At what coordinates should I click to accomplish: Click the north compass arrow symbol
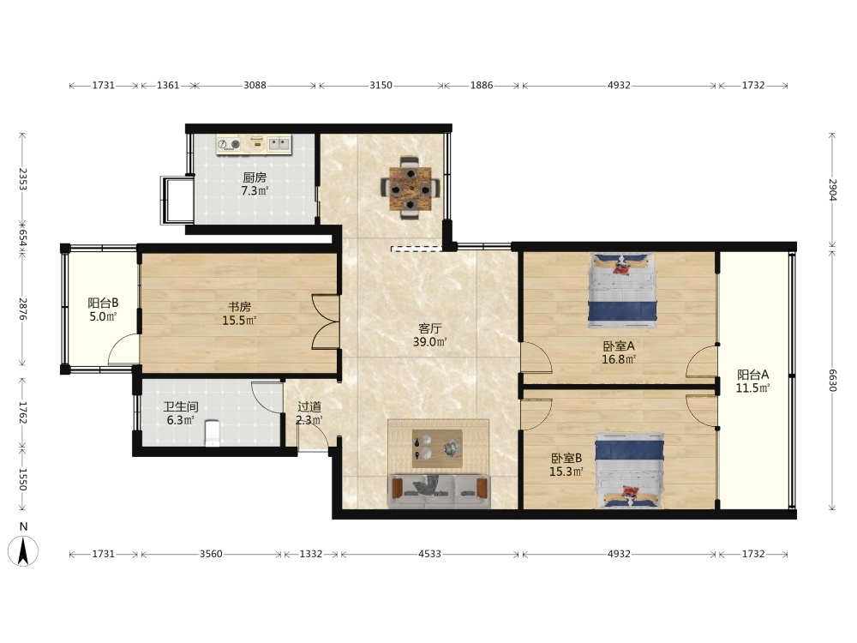click(x=23, y=551)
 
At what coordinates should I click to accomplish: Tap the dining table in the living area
click(x=410, y=189)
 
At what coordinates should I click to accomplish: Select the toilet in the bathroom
click(x=212, y=432)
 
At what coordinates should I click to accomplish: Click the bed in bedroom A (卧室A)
click(x=622, y=291)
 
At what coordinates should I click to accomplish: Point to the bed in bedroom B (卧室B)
click(x=630, y=470)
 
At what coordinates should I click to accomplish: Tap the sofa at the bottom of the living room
click(x=440, y=491)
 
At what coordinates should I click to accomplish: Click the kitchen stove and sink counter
click(x=255, y=144)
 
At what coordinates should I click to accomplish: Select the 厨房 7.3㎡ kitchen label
click(x=255, y=184)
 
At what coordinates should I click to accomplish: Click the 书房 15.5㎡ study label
click(x=239, y=314)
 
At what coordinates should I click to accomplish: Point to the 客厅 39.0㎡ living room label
click(x=430, y=335)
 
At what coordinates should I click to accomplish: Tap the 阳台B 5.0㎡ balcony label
click(x=103, y=309)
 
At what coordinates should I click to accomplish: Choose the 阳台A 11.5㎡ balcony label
click(x=752, y=382)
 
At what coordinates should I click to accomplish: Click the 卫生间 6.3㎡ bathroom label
click(x=180, y=414)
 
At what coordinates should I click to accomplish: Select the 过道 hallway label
click(x=309, y=406)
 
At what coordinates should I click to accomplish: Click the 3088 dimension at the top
click(x=255, y=85)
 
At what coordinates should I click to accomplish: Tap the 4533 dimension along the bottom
click(x=429, y=554)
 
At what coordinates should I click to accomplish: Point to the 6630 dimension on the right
click(x=832, y=381)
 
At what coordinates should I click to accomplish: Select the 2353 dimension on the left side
click(x=22, y=179)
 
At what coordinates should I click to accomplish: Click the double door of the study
click(x=327, y=322)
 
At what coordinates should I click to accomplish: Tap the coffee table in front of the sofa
click(x=437, y=448)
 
